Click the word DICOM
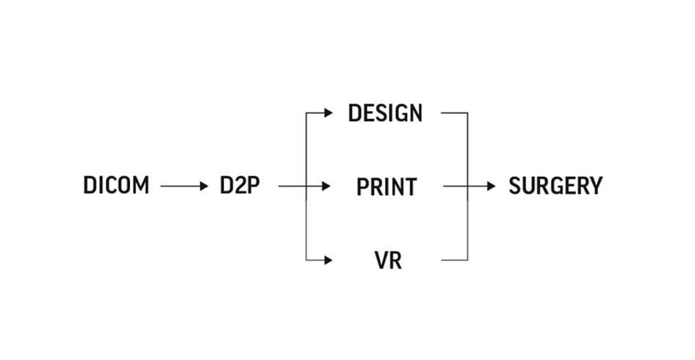click(x=116, y=186)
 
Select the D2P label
click(x=240, y=186)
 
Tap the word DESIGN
click(x=386, y=114)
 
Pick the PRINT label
click(x=386, y=187)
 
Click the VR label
click(x=387, y=260)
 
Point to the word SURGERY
click(x=555, y=186)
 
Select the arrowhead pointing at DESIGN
click(x=328, y=114)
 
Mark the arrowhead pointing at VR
click(x=328, y=260)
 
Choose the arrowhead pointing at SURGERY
click(x=491, y=187)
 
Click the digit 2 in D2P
click(x=240, y=186)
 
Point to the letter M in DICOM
click(x=140, y=186)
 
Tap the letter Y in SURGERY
click(x=594, y=186)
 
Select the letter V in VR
click(x=380, y=260)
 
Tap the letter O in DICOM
click(x=125, y=186)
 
